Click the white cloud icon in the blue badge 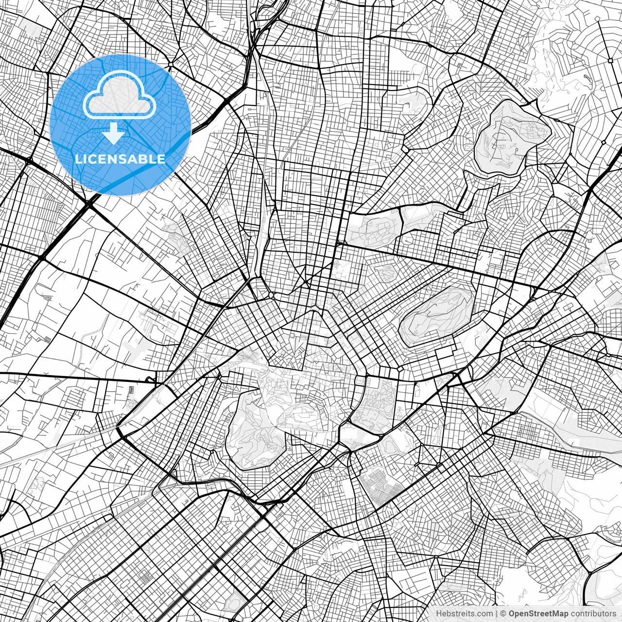pyautogui.click(x=120, y=96)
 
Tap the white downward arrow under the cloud pyautogui.click(x=114, y=134)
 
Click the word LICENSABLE pyautogui.click(x=120, y=159)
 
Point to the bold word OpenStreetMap pyautogui.click(x=538, y=614)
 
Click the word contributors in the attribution pyautogui.click(x=593, y=614)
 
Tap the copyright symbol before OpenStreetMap pyautogui.click(x=503, y=614)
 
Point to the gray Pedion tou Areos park pyautogui.click(x=374, y=228)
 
